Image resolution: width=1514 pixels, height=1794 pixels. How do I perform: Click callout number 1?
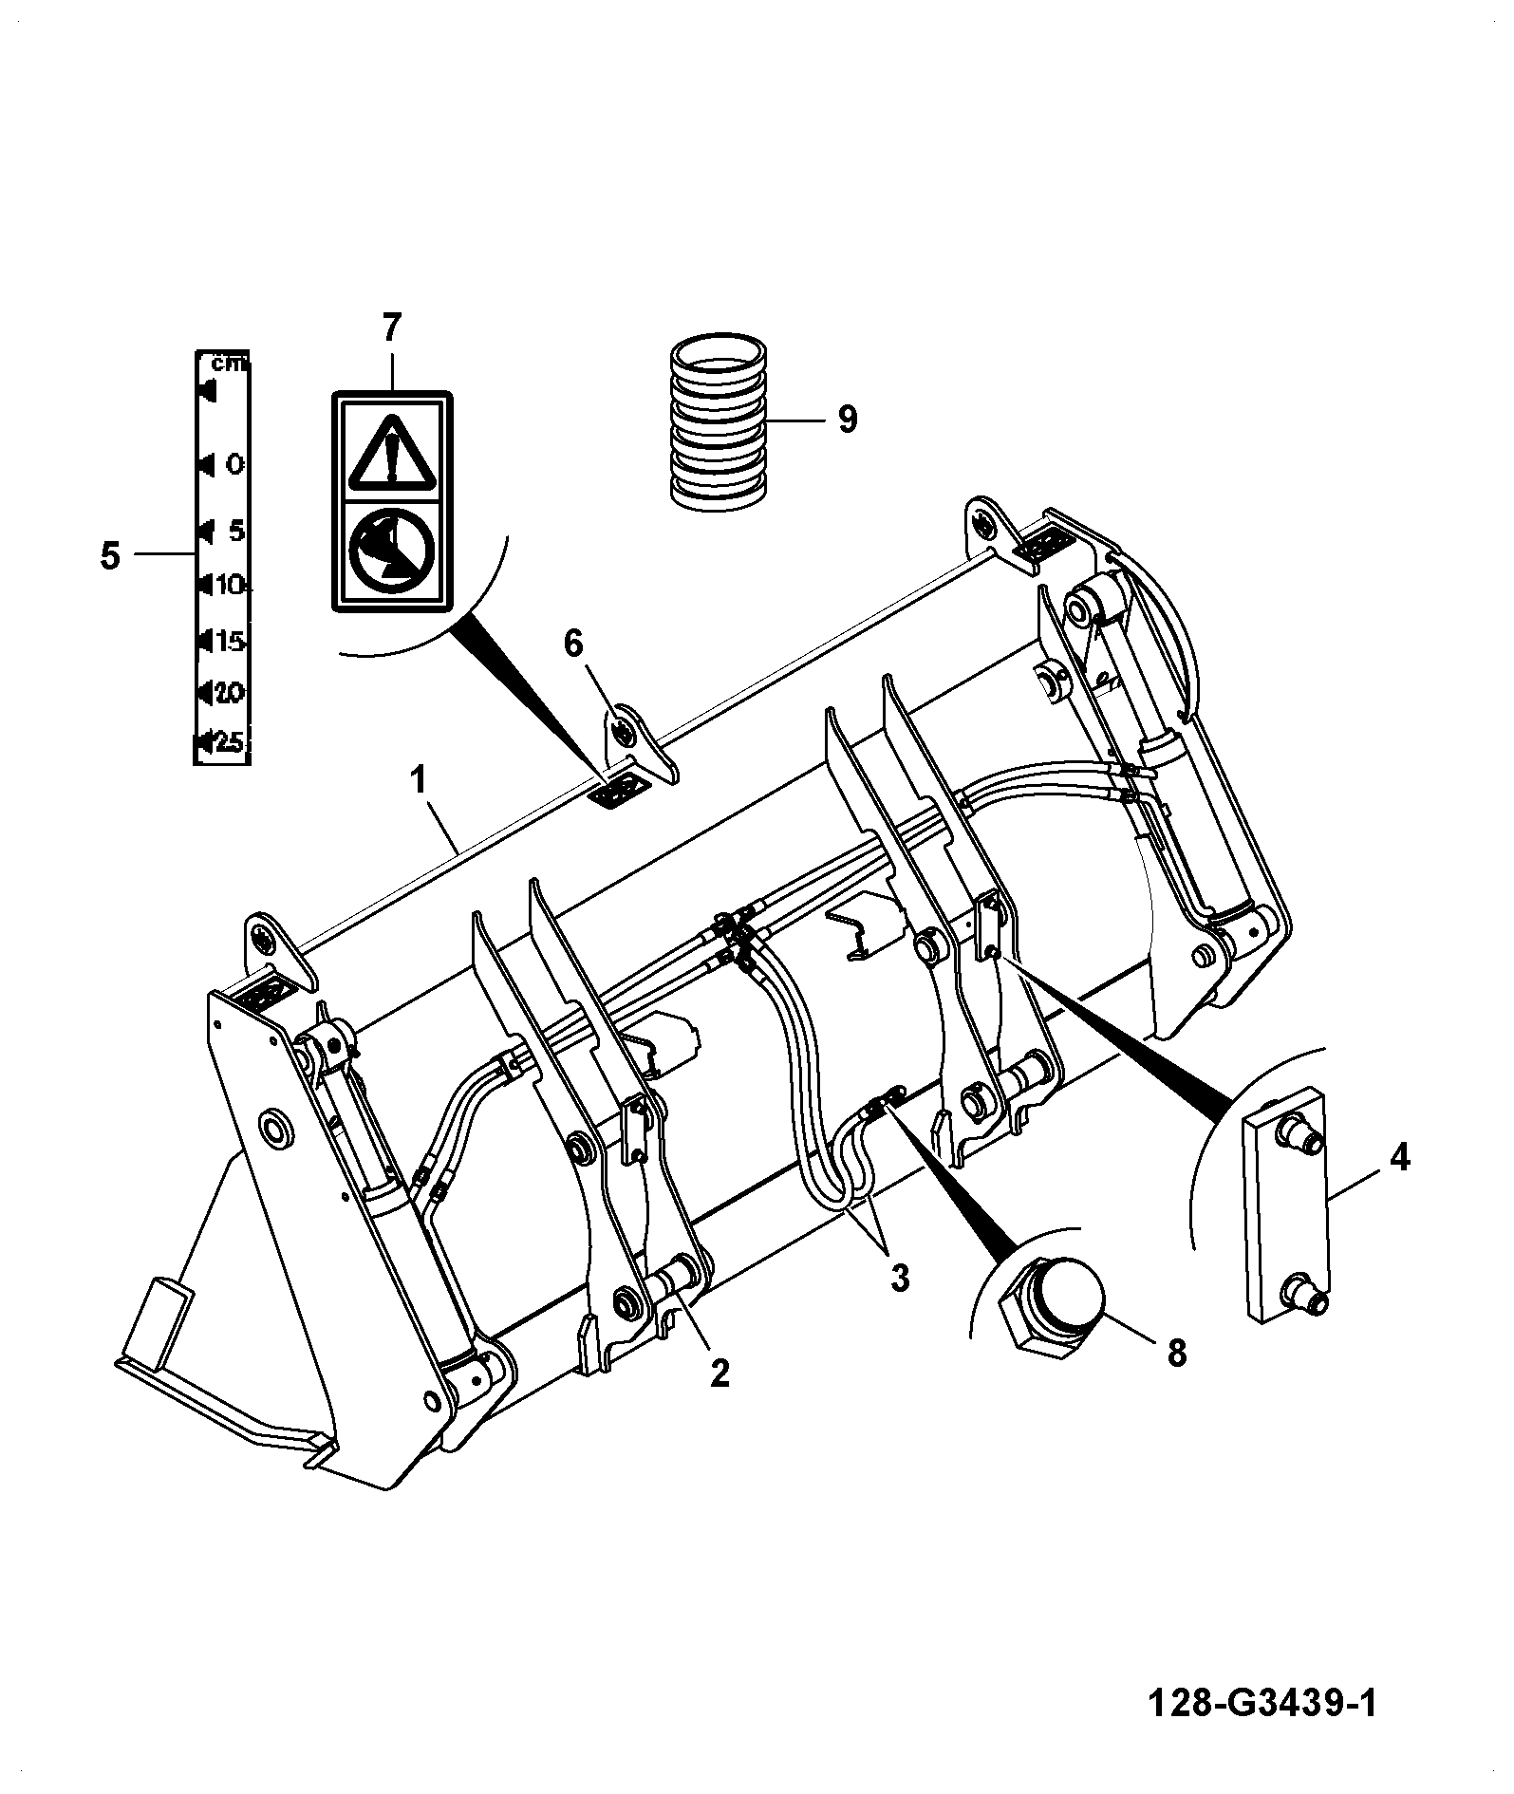416,781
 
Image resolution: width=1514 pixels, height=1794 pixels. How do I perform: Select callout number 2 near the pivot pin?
720,1372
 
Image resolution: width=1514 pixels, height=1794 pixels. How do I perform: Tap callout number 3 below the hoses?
899,1278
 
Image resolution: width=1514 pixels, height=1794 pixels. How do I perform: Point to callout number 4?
1399,1157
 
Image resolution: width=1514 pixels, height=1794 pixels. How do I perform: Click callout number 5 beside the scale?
110,555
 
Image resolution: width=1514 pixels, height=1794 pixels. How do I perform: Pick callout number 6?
572,643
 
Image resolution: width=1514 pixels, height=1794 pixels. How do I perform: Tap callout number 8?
1176,1353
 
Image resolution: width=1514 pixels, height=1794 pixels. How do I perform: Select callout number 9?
848,418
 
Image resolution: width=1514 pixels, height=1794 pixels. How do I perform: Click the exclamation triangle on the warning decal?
391,453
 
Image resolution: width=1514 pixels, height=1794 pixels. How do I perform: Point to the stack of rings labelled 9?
719,419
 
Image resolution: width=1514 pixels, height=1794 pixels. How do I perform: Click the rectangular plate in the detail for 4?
1284,1204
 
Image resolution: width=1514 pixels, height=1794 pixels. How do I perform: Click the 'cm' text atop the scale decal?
229,363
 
